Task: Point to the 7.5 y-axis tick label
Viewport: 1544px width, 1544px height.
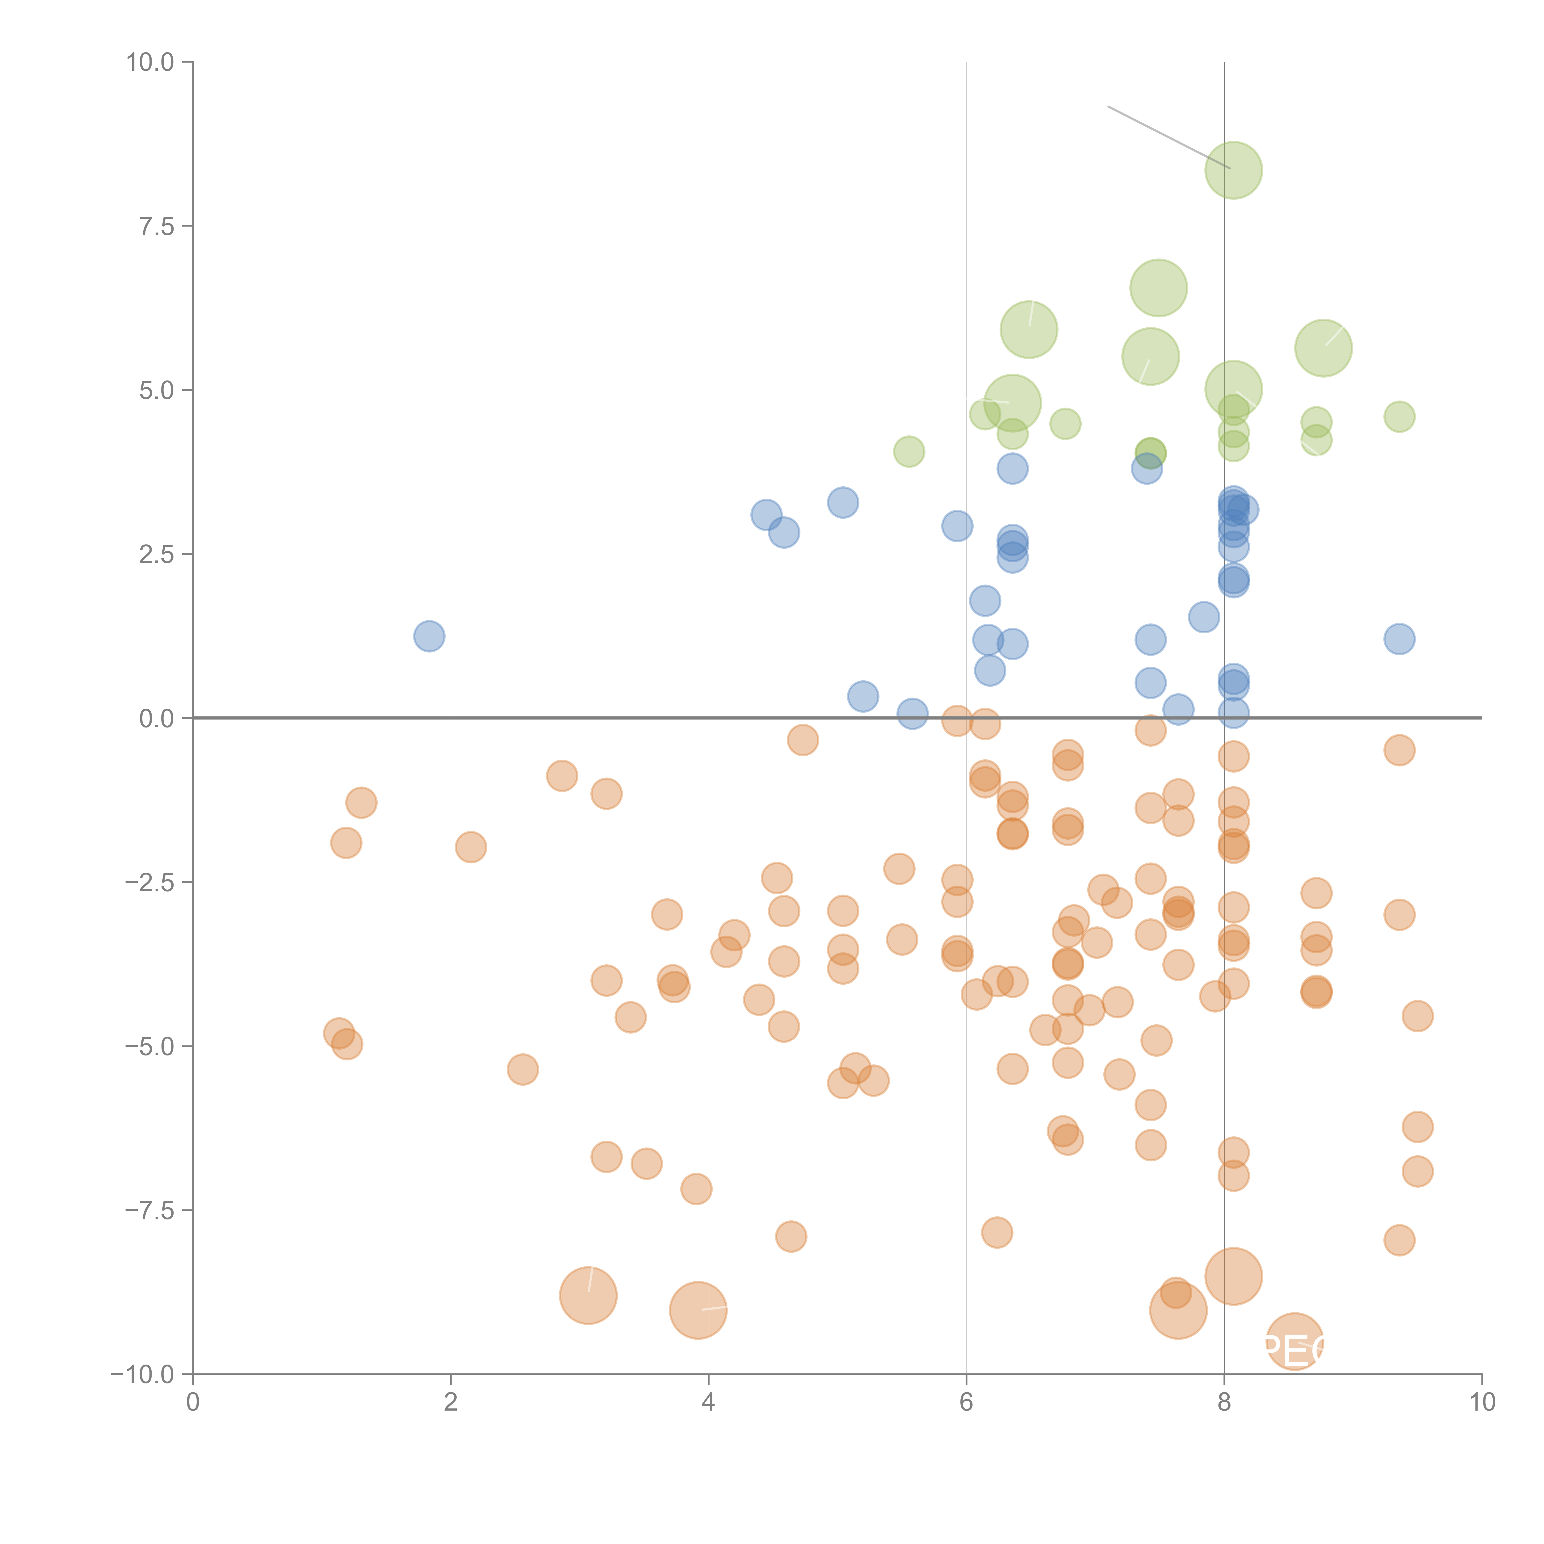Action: click(157, 226)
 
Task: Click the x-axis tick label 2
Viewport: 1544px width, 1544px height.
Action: click(451, 1403)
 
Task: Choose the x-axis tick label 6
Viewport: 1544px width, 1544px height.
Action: click(966, 1403)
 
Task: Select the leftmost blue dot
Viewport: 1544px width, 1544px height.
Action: click(429, 636)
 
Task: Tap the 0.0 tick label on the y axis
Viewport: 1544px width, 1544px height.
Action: click(157, 719)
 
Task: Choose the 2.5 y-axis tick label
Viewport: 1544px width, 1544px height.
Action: click(157, 555)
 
